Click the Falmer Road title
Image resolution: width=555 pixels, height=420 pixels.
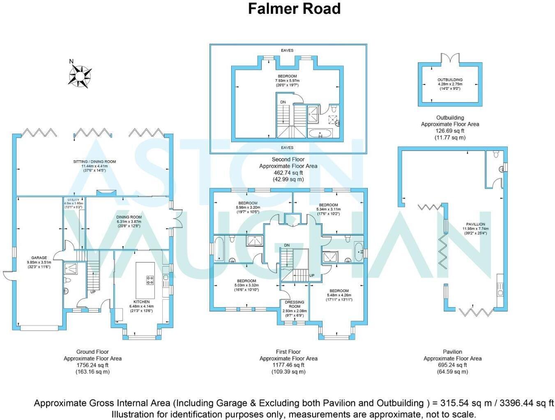click(x=294, y=9)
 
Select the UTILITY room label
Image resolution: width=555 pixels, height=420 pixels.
click(x=73, y=200)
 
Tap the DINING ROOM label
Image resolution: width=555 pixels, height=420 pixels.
click(x=129, y=217)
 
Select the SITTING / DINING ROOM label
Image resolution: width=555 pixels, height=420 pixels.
click(x=94, y=162)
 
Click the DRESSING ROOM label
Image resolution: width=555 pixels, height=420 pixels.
click(x=295, y=304)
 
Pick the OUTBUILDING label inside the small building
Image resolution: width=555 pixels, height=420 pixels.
click(x=450, y=80)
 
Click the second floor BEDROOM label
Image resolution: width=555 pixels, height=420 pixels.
click(x=287, y=76)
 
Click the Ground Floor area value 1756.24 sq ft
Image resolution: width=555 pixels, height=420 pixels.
click(x=92, y=365)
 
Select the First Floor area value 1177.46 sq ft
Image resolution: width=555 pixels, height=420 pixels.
click(x=288, y=365)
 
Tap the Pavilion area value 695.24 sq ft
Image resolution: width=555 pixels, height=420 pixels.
click(x=452, y=365)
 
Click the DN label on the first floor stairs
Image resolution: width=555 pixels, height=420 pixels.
click(x=287, y=245)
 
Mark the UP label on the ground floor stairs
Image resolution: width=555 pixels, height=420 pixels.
click(x=93, y=292)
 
